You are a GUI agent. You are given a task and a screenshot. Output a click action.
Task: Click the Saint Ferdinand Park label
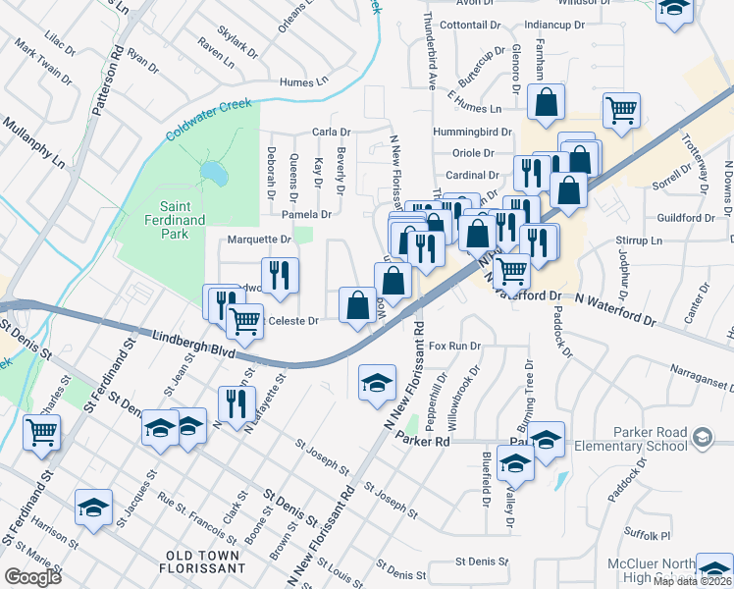[x=169, y=214]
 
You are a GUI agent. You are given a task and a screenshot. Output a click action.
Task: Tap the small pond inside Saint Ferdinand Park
[x=211, y=175]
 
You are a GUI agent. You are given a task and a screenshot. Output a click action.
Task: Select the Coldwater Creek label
[x=208, y=118]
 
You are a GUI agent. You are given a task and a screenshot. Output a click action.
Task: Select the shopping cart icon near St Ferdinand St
[x=41, y=430]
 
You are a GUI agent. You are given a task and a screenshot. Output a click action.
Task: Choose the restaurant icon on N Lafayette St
[x=236, y=403]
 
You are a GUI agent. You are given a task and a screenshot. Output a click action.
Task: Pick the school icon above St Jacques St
[x=93, y=508]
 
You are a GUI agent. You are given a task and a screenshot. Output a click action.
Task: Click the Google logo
[x=32, y=577]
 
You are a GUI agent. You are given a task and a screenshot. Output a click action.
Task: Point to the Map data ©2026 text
[x=693, y=581]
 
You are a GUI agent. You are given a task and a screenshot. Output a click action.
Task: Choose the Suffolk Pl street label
[x=650, y=536]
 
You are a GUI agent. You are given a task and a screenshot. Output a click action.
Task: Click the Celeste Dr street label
[x=293, y=320]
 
